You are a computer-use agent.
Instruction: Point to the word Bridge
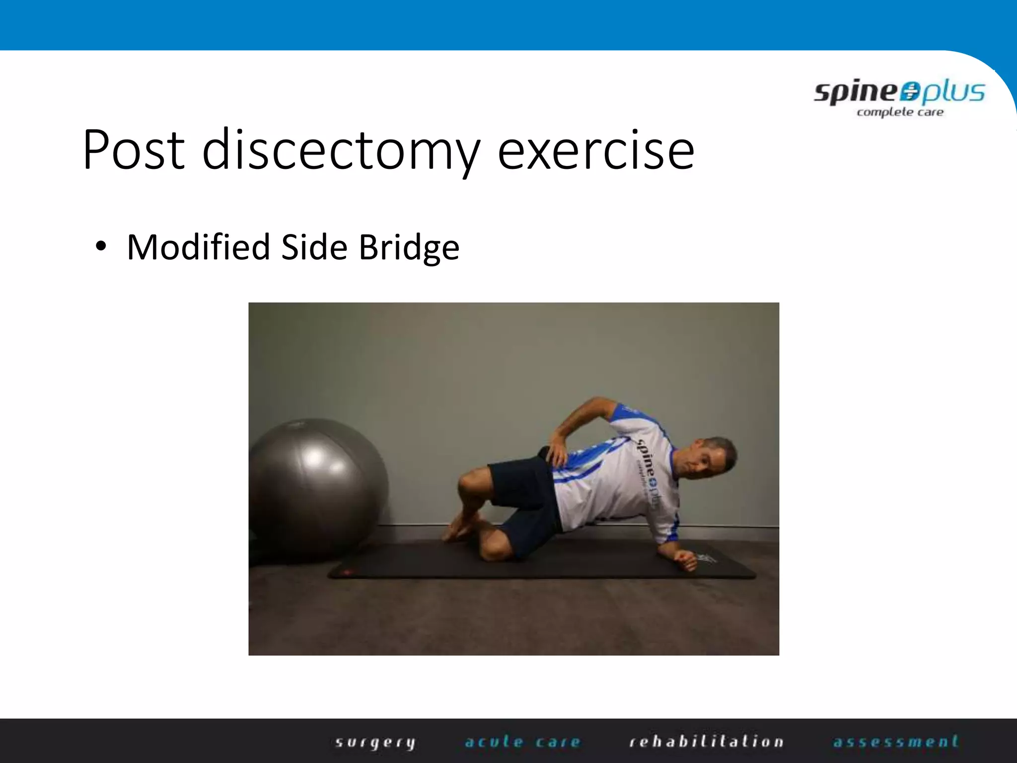coord(409,248)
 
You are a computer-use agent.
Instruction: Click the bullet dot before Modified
coord(101,246)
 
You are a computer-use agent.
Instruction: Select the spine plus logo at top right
coord(899,92)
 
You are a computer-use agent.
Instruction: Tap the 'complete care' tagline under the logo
coord(900,112)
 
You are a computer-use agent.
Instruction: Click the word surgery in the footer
coord(375,742)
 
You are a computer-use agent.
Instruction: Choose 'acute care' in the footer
coord(522,742)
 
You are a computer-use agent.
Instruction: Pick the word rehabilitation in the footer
coord(706,742)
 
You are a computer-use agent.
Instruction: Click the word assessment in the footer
coord(896,742)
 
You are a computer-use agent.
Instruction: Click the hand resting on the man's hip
coord(556,450)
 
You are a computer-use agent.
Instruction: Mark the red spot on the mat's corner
coord(346,572)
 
